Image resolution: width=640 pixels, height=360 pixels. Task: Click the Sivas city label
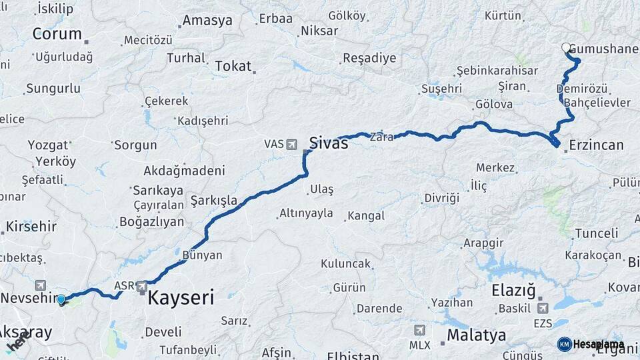tap(329, 142)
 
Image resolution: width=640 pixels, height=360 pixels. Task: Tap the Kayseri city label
tap(181, 297)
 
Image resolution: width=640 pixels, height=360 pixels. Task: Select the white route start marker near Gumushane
tap(566, 47)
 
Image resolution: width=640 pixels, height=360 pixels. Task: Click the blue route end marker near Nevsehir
tap(61, 300)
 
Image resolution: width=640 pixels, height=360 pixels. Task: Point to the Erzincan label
tap(597, 145)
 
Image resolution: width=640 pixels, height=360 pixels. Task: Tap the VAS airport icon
tap(291, 144)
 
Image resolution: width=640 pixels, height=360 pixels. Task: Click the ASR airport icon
tap(142, 287)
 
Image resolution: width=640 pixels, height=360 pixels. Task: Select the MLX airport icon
tap(419, 331)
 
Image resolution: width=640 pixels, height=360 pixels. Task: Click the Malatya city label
tap(476, 335)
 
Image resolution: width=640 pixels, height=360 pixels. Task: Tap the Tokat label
tap(233, 66)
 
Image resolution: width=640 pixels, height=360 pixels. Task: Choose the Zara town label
tap(381, 135)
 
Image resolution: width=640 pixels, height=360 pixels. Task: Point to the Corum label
tap(57, 34)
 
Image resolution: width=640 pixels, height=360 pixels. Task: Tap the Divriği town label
tap(441, 198)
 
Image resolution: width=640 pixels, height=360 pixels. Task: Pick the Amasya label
tap(207, 21)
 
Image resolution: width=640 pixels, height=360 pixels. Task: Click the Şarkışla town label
tap(213, 200)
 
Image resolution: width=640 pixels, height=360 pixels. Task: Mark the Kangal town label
tap(365, 216)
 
